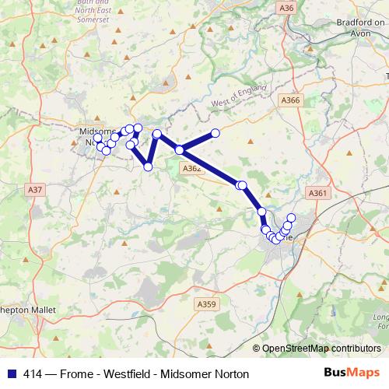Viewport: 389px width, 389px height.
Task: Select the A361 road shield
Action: tap(317, 194)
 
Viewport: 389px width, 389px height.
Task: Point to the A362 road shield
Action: tap(191, 168)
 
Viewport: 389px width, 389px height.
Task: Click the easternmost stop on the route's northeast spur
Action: tap(216, 133)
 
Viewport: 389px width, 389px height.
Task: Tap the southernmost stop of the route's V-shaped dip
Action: tap(148, 166)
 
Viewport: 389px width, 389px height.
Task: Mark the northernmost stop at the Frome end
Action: tap(292, 218)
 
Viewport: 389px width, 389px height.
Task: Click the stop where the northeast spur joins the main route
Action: tap(180, 149)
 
